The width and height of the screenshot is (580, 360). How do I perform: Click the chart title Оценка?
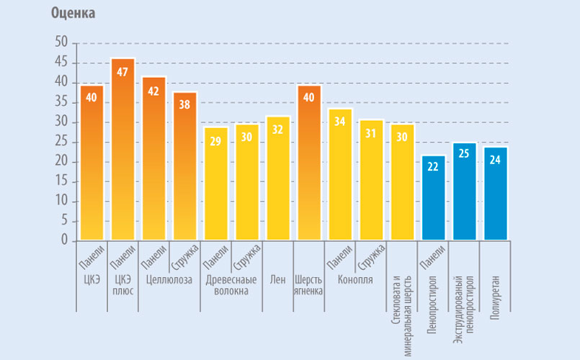pos(73,13)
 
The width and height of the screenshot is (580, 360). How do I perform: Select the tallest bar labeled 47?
pos(122,149)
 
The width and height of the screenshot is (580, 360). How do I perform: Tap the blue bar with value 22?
pos(434,198)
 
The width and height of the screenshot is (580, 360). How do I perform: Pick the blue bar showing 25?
pos(465,192)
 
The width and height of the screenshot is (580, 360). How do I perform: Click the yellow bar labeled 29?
pos(216,184)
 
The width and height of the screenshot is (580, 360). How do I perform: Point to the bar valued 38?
pos(185,166)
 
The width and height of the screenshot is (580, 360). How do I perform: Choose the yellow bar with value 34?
pos(340,174)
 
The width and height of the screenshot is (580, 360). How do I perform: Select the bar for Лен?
pos(278,178)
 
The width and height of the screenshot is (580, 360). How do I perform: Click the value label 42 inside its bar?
pos(153,91)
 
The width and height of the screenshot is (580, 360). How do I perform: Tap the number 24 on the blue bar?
pos(495,160)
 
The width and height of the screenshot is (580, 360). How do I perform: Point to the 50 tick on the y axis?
pos(61,42)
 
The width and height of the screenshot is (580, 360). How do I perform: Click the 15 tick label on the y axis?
pos(61,181)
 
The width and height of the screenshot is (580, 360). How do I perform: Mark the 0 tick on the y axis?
pos(65,240)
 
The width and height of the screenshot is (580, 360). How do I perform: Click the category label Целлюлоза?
pos(169,279)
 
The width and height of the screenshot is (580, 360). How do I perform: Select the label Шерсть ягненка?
pos(308,285)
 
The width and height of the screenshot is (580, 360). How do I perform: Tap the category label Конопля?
pos(355,280)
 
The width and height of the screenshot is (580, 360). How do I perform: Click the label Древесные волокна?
pos(231,285)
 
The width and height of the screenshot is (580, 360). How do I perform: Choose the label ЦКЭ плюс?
pos(122,285)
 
